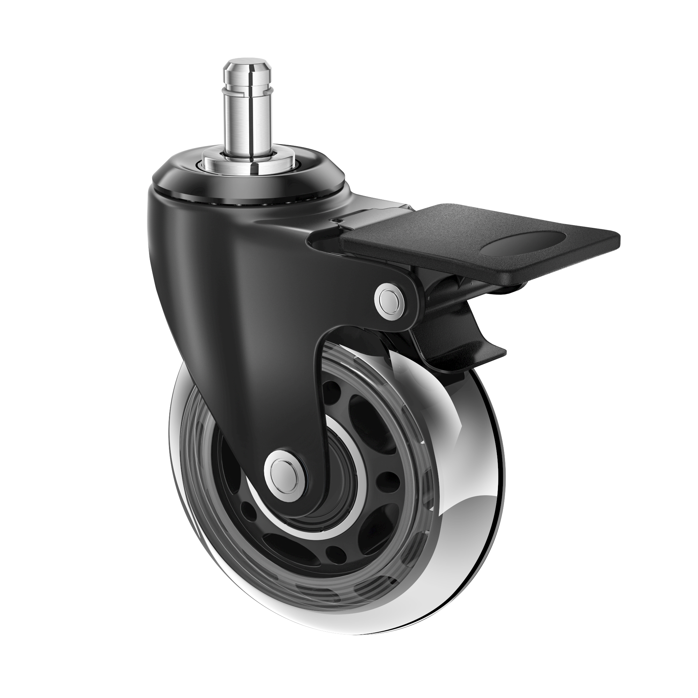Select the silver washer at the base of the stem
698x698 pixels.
coord(231,158)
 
